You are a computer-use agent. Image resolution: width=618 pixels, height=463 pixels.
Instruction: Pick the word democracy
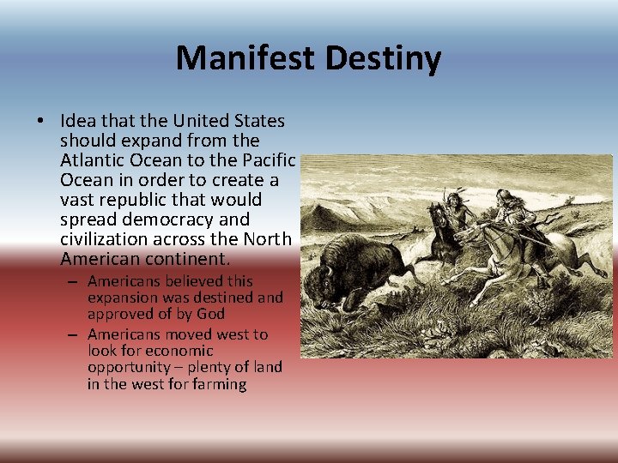[x=160, y=219]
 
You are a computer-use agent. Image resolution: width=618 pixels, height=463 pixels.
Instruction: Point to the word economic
[x=179, y=351]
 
